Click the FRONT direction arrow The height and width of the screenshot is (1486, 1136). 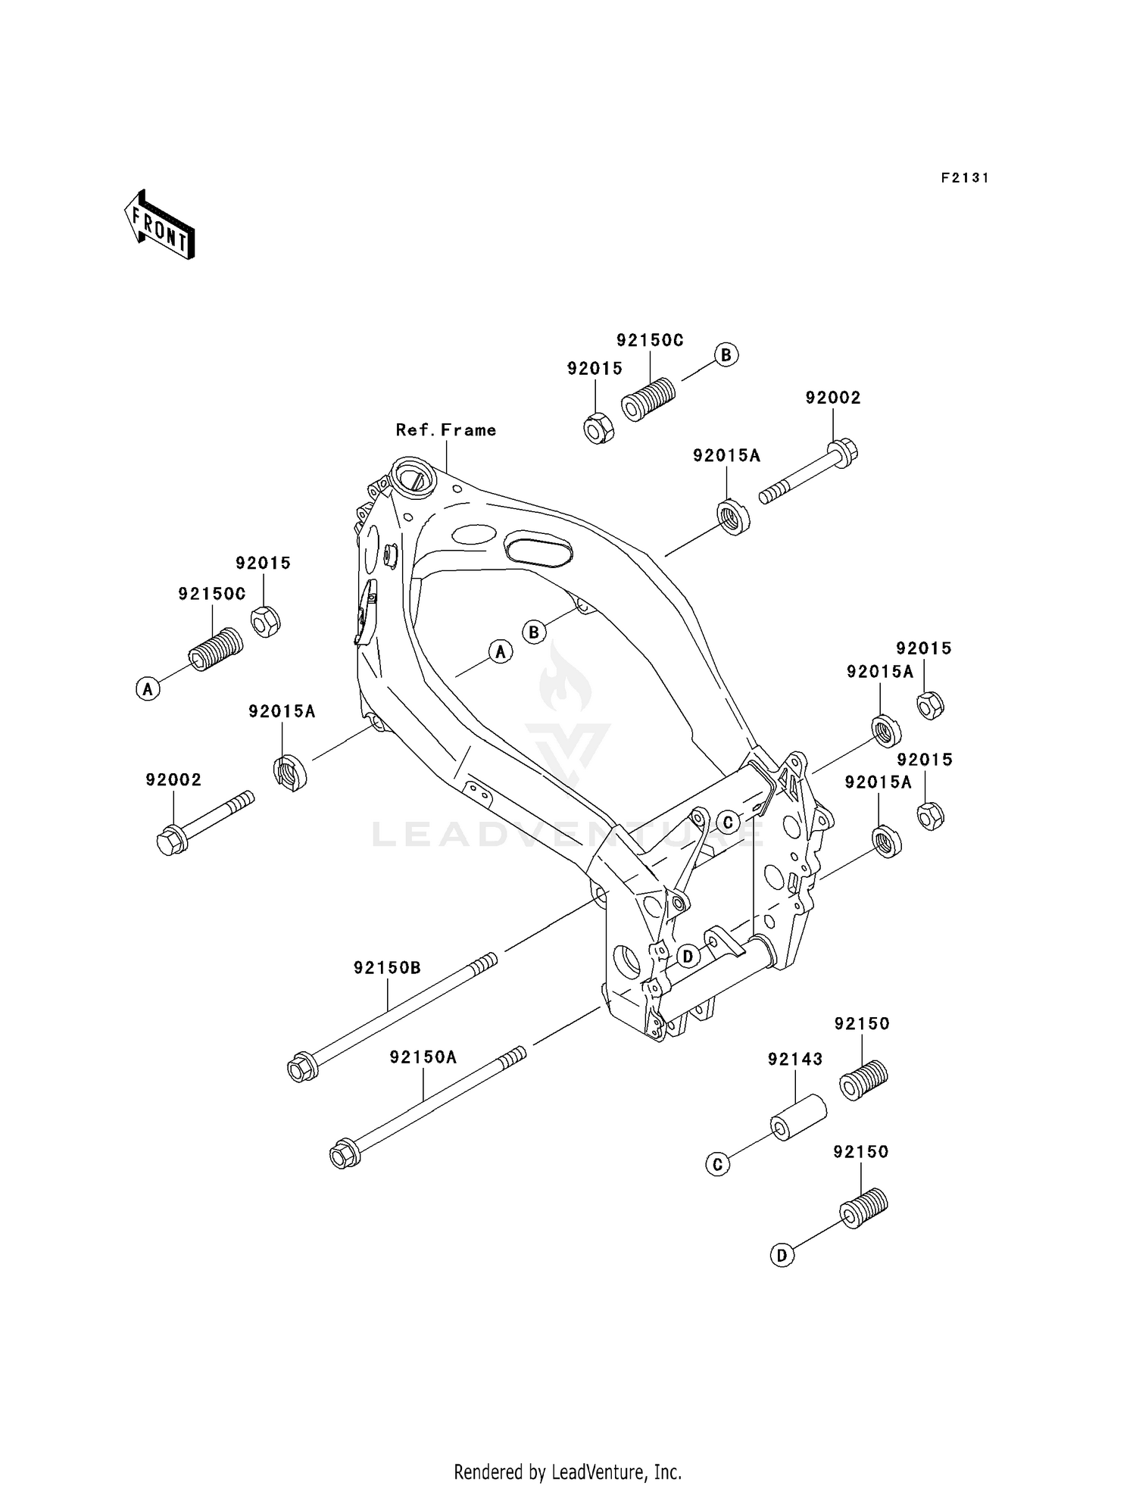point(160,226)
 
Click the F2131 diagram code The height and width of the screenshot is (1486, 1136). point(965,178)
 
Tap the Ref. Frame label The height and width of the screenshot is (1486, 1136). point(446,430)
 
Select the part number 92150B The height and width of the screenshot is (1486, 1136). point(387,968)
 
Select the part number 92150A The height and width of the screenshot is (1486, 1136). point(423,1057)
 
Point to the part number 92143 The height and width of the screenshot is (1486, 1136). point(794,1060)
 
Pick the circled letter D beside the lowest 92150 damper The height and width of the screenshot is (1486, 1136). point(782,1256)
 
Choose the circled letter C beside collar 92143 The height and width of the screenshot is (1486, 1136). point(717,1165)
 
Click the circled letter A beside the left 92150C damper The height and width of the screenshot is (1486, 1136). point(148,689)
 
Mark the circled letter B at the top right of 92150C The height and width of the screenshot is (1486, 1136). point(726,354)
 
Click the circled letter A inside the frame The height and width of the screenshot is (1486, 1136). point(500,651)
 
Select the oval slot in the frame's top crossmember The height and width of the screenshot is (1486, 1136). point(538,549)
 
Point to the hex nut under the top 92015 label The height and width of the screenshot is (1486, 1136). point(598,429)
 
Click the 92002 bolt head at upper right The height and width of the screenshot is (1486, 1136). point(843,453)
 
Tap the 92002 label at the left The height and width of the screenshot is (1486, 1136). point(173,780)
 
